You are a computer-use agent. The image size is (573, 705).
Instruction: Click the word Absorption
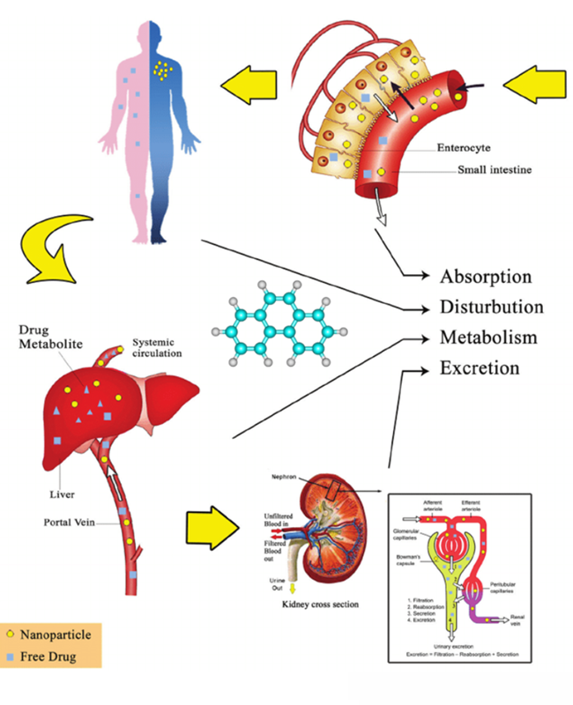click(486, 277)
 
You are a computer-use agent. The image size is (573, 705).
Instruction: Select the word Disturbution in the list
click(491, 308)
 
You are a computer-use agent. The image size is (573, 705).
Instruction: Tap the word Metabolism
click(487, 338)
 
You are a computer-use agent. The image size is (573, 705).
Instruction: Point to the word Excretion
click(480, 367)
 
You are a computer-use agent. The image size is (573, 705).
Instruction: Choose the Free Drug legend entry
click(54, 657)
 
